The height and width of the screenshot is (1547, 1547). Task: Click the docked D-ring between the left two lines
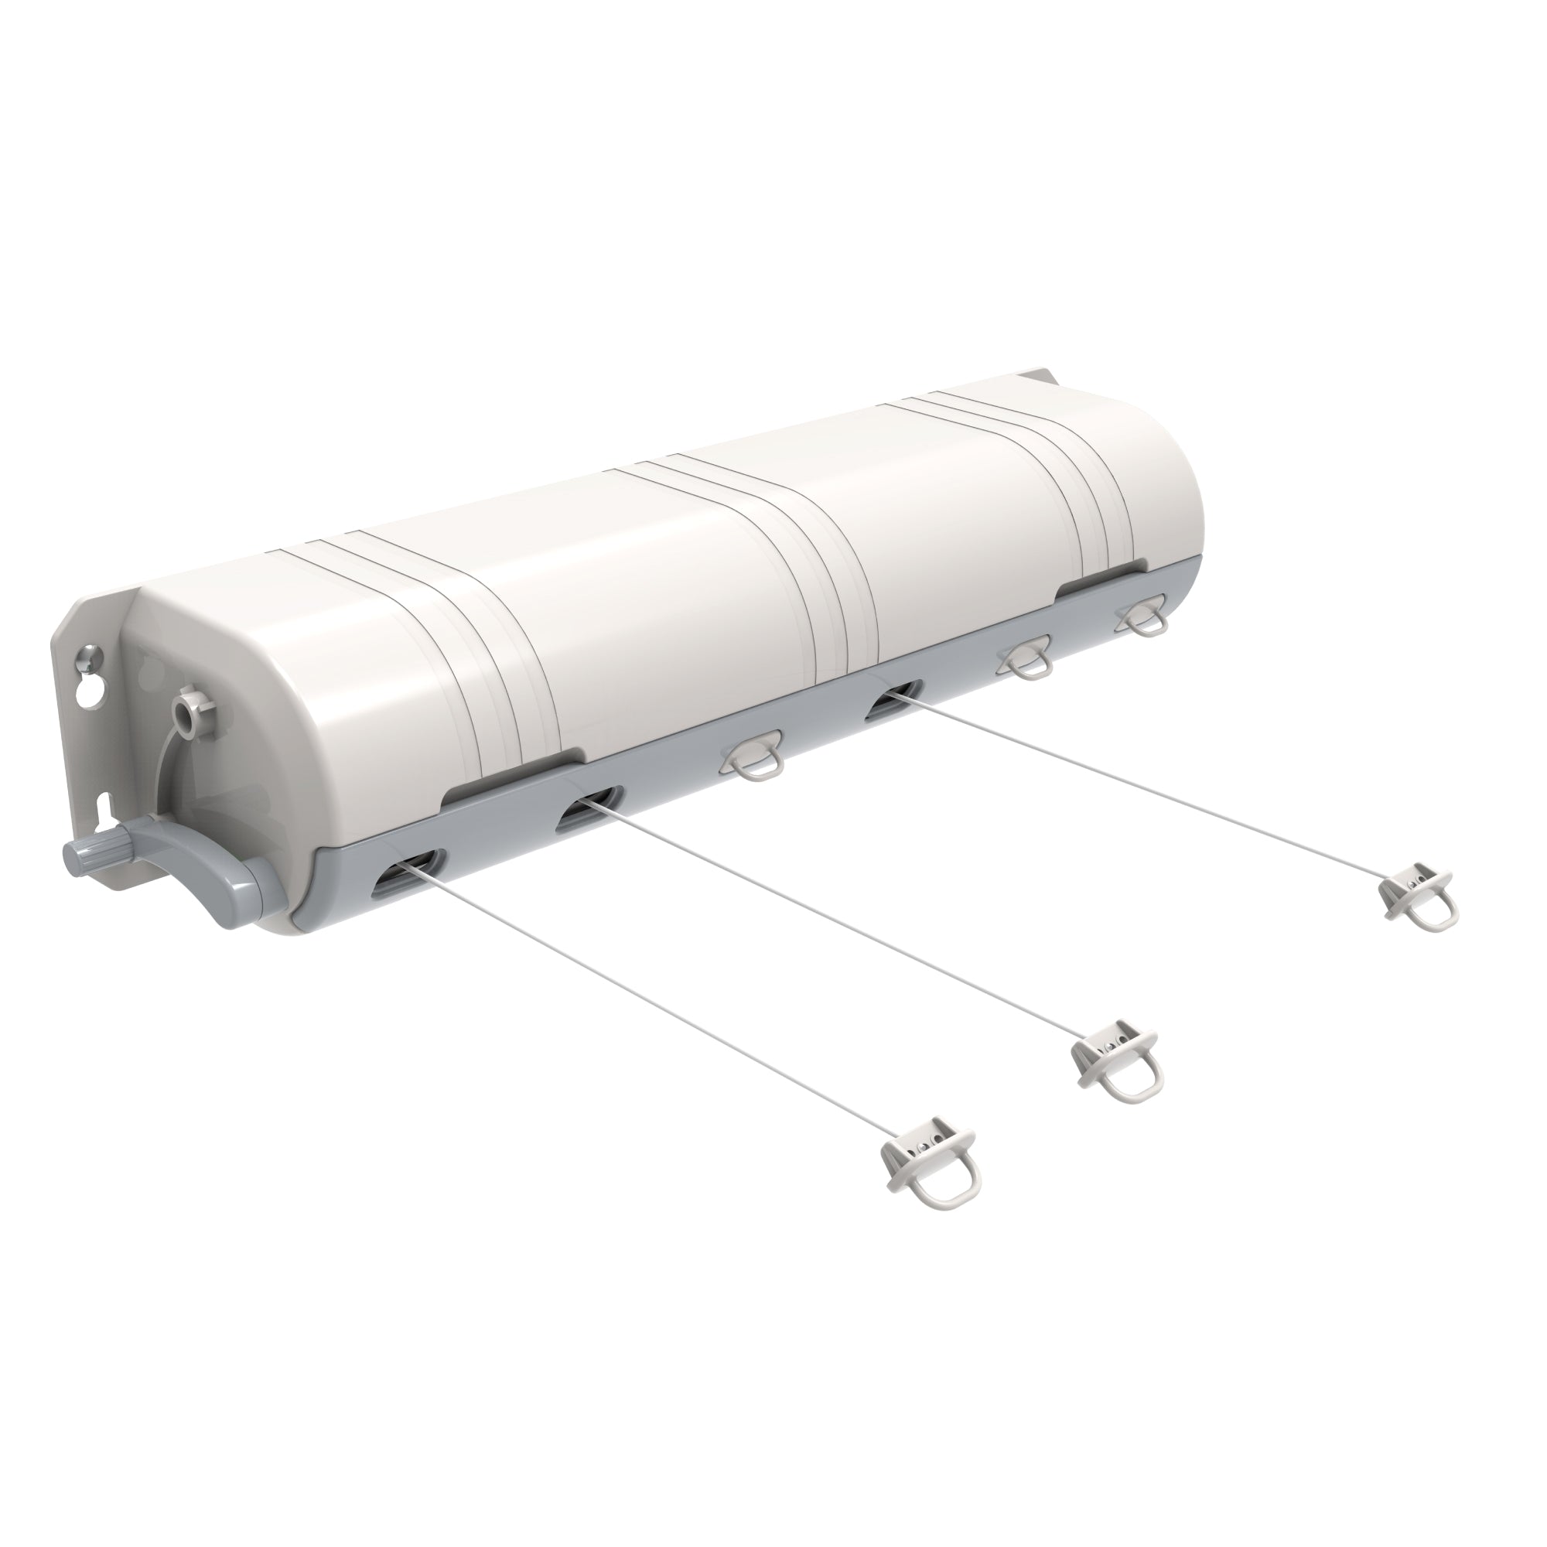point(751,756)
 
